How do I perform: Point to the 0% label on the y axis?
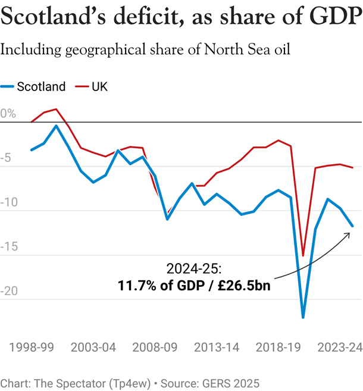(x=8, y=114)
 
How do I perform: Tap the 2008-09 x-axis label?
(x=157, y=347)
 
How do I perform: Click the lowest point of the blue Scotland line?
(x=303, y=317)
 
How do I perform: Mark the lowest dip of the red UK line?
(x=303, y=255)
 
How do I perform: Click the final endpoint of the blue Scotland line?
(x=353, y=226)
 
